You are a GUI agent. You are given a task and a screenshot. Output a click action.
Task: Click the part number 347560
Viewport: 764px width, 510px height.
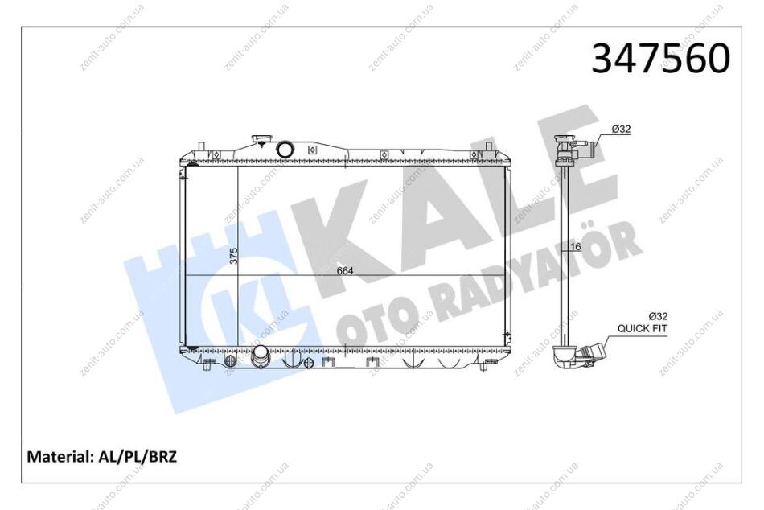pos(661,59)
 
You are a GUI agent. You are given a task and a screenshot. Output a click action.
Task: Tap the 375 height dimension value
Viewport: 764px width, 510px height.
pos(234,256)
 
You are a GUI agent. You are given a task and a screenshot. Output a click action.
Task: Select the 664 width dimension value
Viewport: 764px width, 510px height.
pos(345,270)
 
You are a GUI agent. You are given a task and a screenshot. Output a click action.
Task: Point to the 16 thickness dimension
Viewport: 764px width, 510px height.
pos(576,247)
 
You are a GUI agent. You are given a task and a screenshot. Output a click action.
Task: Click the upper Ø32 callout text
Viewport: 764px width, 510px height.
pos(621,130)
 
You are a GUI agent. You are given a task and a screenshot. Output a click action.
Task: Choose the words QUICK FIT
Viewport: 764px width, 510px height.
pos(643,329)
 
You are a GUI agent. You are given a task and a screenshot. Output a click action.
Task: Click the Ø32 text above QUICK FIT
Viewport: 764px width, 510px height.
pos(658,316)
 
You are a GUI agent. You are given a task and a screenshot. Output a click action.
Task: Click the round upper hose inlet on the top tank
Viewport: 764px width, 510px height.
pos(284,149)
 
